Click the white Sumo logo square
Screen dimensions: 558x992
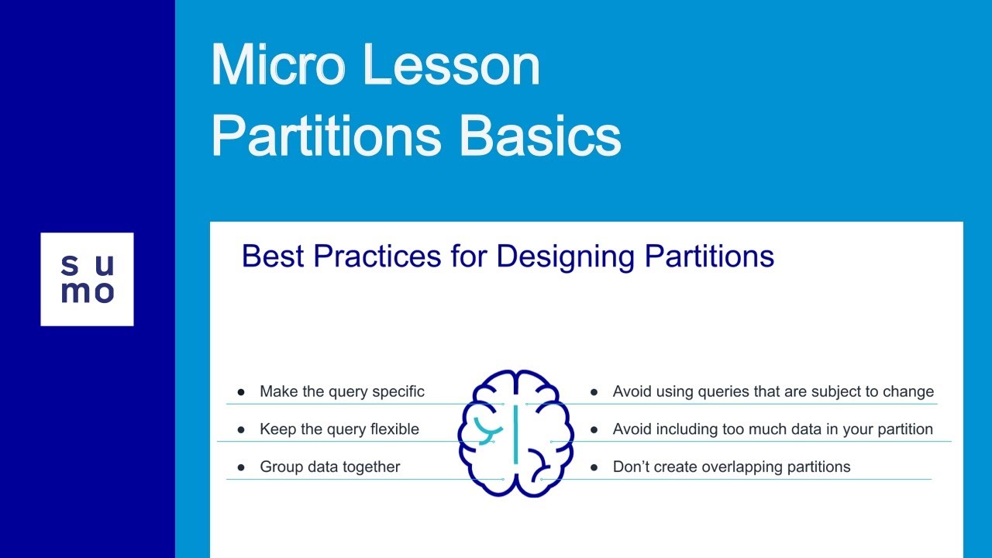(87, 279)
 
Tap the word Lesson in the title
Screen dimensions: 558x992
(452, 66)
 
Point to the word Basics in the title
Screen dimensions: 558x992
(540, 136)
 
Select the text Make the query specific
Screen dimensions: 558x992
(342, 391)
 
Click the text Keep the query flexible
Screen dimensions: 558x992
(339, 429)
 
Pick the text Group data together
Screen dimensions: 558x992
(329, 467)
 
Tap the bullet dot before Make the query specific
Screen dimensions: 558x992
(241, 392)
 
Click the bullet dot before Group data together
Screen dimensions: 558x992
(241, 467)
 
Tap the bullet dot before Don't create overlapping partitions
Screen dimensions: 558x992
(594, 467)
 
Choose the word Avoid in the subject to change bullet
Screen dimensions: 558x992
(631, 391)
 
